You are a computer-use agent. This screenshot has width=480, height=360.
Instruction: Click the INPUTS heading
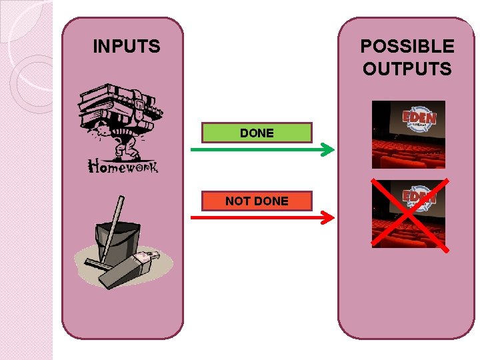127,47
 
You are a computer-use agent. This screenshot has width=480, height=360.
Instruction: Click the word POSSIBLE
407,47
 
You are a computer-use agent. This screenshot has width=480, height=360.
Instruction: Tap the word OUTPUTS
407,69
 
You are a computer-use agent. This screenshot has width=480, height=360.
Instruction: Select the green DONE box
257,133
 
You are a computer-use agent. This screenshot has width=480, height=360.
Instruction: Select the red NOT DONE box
257,201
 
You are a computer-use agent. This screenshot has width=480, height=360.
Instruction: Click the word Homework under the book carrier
123,167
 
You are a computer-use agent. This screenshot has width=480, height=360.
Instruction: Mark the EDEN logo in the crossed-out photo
419,197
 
